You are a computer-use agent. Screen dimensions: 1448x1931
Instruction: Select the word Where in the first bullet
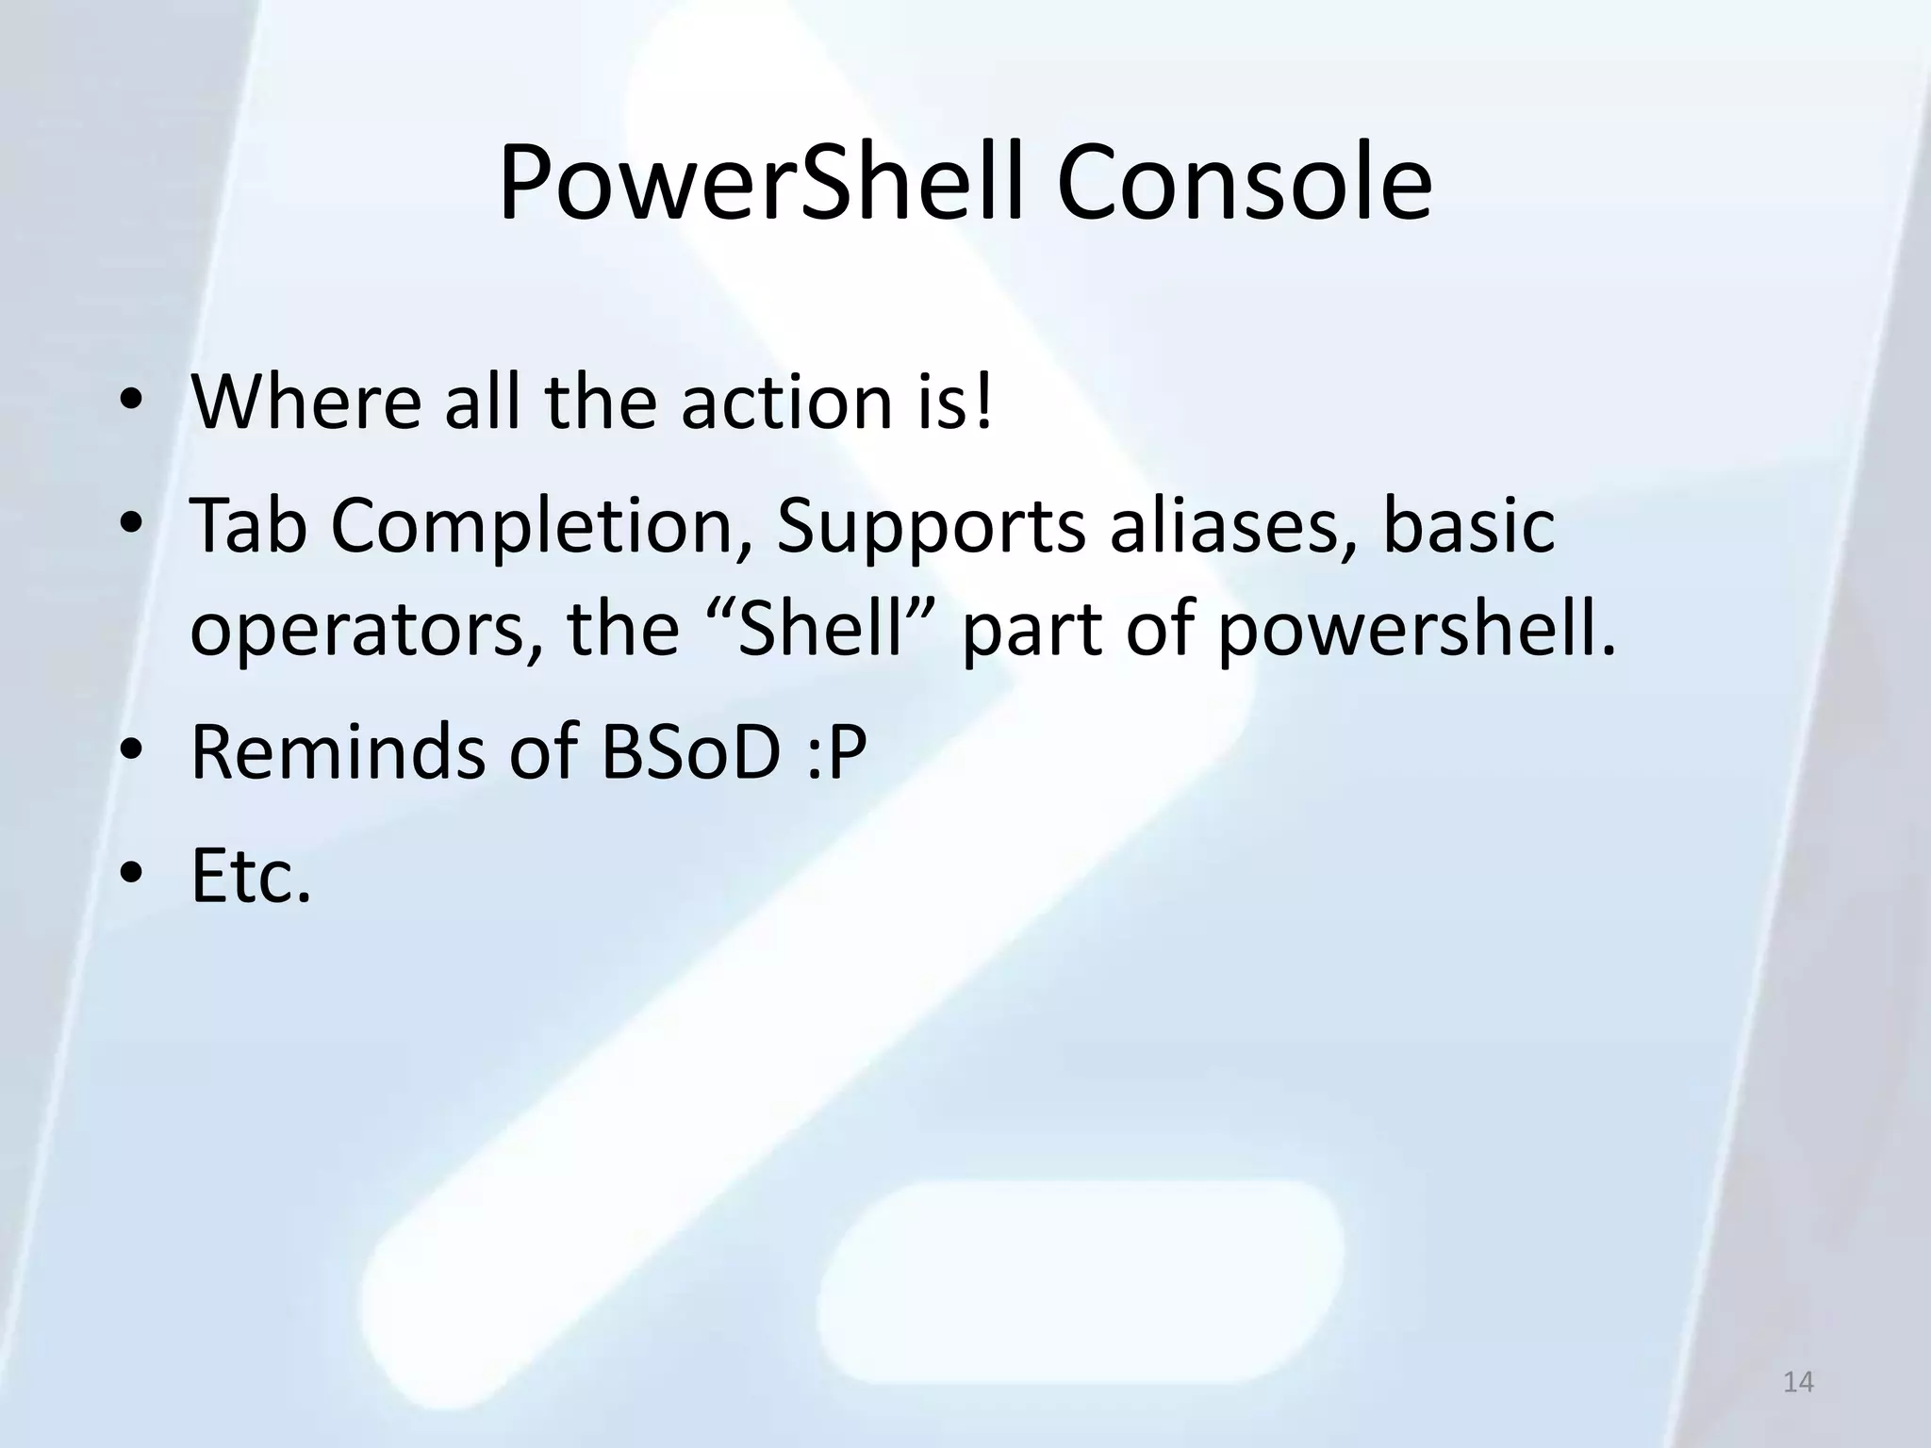(x=305, y=403)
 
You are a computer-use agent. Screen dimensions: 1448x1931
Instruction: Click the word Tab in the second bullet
(x=248, y=526)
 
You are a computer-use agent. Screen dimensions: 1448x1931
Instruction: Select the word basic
(x=1468, y=526)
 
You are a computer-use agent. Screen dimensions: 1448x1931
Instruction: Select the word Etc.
(x=250, y=877)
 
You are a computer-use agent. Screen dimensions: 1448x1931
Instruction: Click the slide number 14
(x=1799, y=1383)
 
